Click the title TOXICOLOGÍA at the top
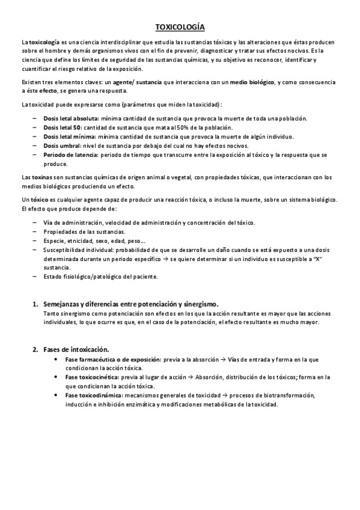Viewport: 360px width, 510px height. tap(180, 27)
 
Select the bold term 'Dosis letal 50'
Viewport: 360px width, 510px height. tap(62, 127)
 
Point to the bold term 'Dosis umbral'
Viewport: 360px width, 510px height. tap(60, 146)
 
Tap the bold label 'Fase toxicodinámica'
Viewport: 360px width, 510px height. tap(93, 395)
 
